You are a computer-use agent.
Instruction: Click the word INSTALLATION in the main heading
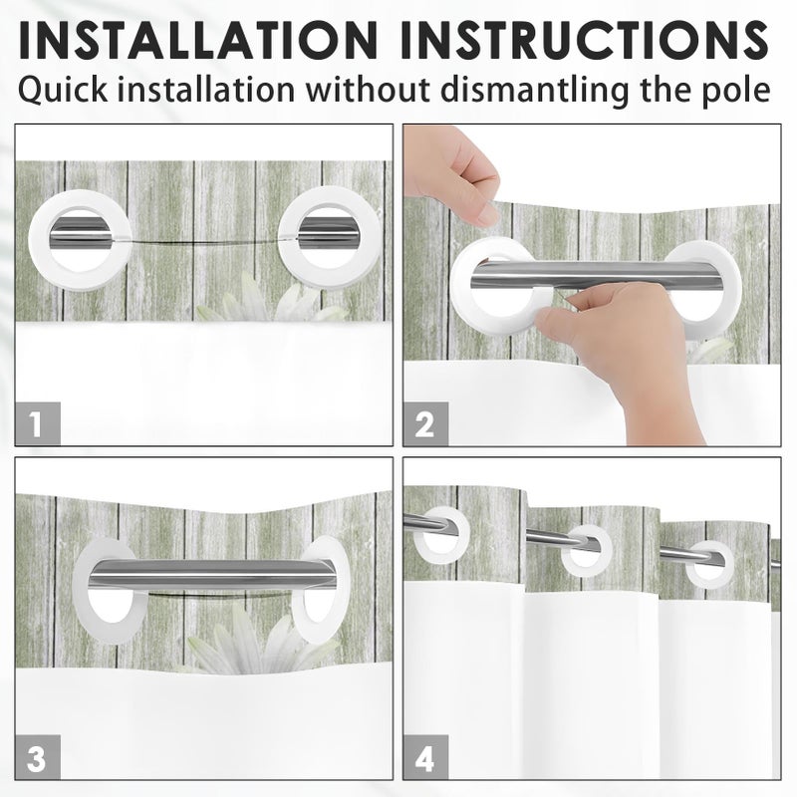tap(198, 40)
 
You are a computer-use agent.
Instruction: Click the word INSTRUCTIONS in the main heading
tap(585, 40)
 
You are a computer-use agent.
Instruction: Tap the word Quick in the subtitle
tap(63, 91)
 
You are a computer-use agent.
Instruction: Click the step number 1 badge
tap(38, 423)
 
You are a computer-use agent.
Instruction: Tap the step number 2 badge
tap(426, 423)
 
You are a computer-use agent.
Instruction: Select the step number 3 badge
tap(38, 757)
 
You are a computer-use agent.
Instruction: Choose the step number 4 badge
tap(426, 757)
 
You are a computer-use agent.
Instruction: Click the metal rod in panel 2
tap(596, 275)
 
